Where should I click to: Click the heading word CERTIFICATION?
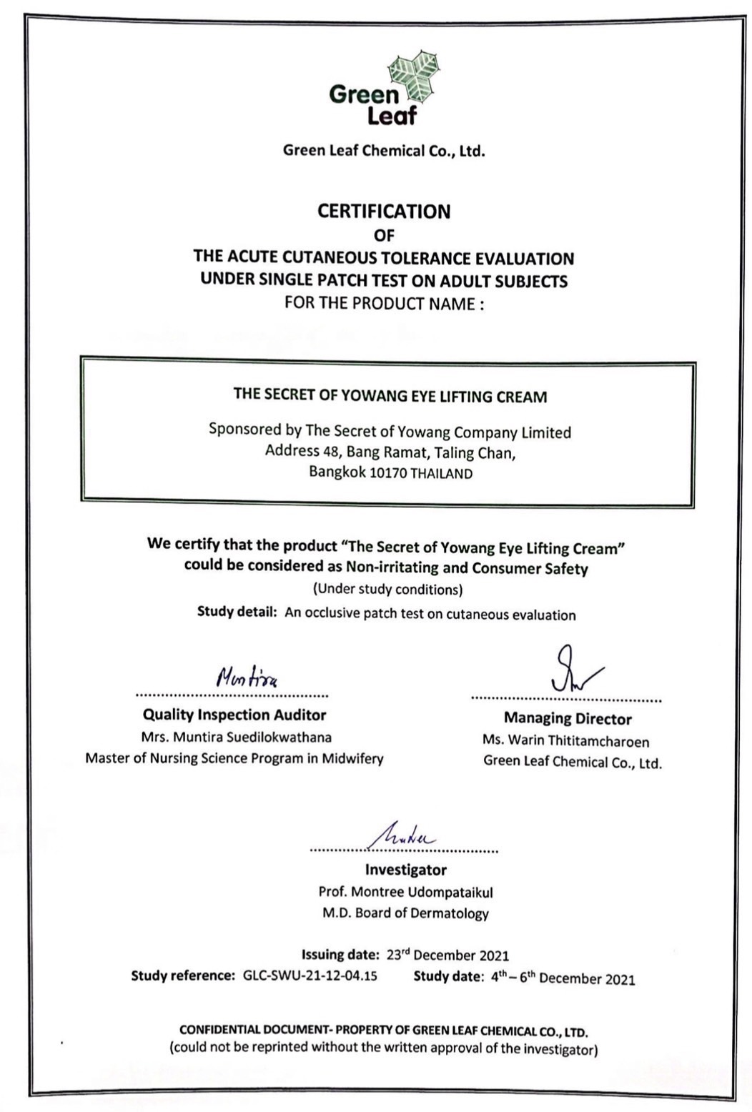point(384,212)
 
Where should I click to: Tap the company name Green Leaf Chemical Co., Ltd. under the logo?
point(384,151)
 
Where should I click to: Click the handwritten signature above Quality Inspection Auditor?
point(247,676)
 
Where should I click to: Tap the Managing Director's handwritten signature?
point(573,670)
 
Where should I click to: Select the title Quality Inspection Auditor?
point(234,715)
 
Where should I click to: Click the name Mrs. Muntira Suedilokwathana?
point(236,737)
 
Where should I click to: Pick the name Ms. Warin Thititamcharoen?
point(565,740)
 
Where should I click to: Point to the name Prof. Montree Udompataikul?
point(405,892)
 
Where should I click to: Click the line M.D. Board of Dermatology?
point(405,913)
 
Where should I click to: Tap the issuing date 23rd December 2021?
point(447,955)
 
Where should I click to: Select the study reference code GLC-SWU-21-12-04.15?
point(310,976)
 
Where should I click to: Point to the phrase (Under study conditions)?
point(388,590)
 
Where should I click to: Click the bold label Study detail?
point(237,612)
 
